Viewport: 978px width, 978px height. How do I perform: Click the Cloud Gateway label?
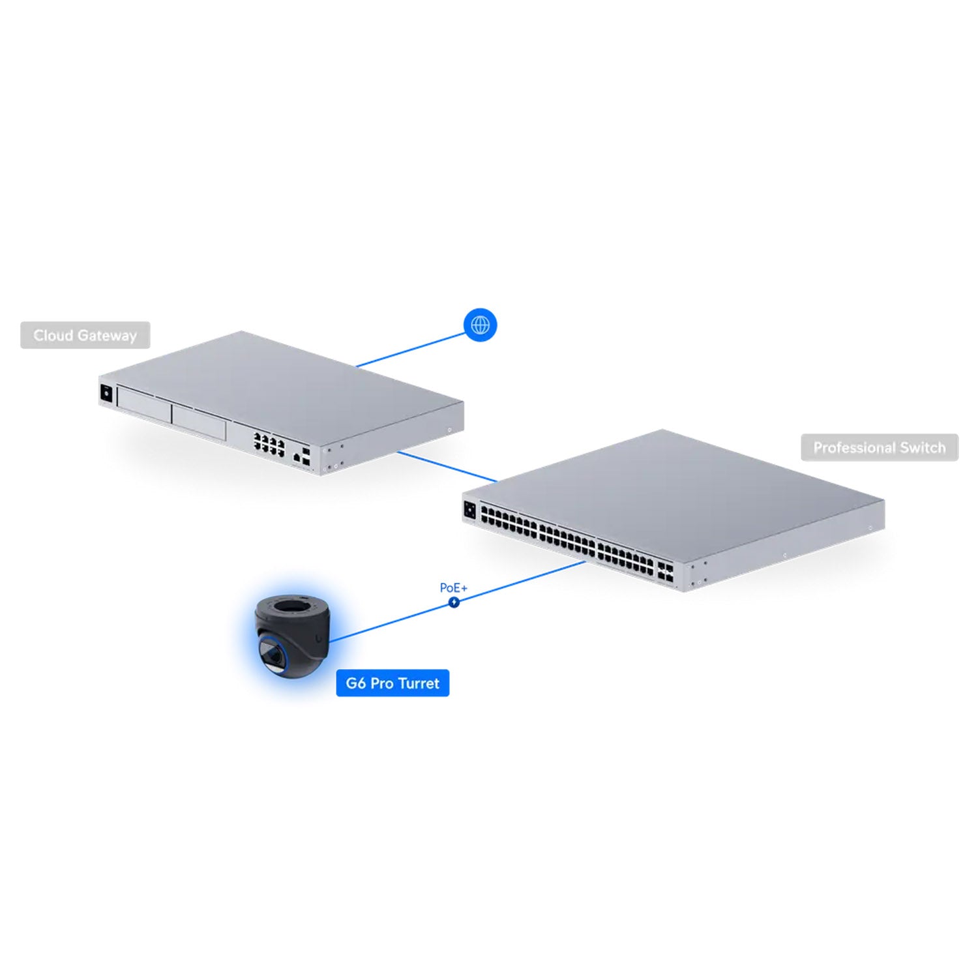[85, 335]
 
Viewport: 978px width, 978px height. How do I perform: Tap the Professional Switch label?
[880, 447]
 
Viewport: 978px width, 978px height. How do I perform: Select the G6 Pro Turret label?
[393, 683]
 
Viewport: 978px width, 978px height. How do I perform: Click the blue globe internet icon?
[481, 325]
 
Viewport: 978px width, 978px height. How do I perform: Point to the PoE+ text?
[454, 587]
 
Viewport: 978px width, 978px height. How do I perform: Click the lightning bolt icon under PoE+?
[454, 602]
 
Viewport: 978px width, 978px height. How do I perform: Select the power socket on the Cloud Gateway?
[106, 394]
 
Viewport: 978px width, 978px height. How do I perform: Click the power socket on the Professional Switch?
[469, 509]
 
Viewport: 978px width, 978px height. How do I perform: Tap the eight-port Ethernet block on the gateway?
[269, 443]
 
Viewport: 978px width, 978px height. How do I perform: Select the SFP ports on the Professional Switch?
[666, 572]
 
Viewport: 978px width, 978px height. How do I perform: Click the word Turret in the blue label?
[419, 683]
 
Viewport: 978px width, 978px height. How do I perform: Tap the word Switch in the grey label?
[923, 447]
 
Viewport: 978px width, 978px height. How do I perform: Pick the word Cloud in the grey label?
[53, 335]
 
